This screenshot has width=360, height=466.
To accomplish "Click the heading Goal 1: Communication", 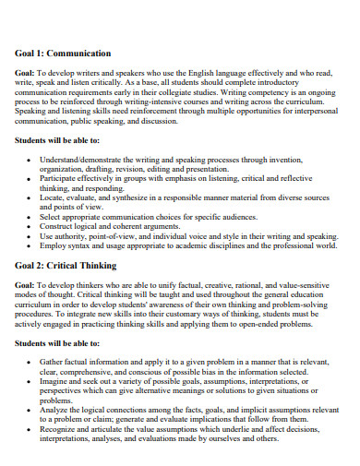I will point(63,53).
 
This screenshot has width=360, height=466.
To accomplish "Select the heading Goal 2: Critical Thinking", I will point(65,265).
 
